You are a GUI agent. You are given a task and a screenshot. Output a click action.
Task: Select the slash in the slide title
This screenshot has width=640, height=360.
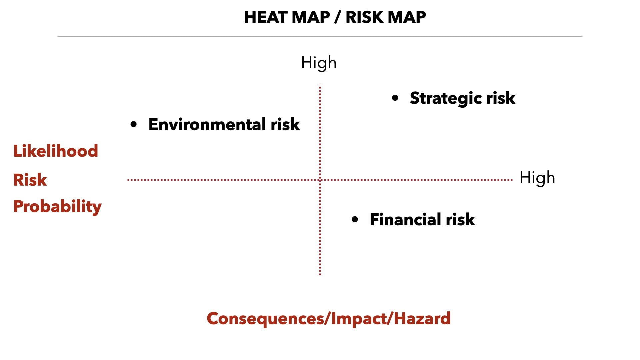point(338,17)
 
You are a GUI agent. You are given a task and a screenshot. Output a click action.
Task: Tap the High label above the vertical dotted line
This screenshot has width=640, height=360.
point(319,63)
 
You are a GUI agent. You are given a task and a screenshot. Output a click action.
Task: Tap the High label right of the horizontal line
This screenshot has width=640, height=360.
point(537,178)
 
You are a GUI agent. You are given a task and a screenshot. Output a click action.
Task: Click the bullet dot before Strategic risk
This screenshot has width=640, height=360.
point(395,98)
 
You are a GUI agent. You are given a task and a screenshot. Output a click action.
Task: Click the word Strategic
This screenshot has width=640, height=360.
point(446,98)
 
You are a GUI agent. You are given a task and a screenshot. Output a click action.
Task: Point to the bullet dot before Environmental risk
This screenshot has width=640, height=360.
point(134,124)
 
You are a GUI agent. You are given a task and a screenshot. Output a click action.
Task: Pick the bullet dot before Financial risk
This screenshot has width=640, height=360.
point(355,219)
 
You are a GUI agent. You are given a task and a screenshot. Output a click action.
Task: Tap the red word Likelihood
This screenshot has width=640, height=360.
point(56,151)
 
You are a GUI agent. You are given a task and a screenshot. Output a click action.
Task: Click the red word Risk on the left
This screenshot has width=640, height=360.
point(30,180)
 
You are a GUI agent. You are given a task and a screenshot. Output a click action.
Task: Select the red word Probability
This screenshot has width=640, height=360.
point(57,207)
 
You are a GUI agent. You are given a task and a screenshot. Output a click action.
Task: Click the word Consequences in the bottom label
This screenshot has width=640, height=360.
point(266,319)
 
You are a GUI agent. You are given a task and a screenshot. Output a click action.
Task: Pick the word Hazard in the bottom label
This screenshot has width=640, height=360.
point(422,318)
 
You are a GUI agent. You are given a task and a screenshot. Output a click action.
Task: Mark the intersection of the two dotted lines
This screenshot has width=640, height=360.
point(320,180)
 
